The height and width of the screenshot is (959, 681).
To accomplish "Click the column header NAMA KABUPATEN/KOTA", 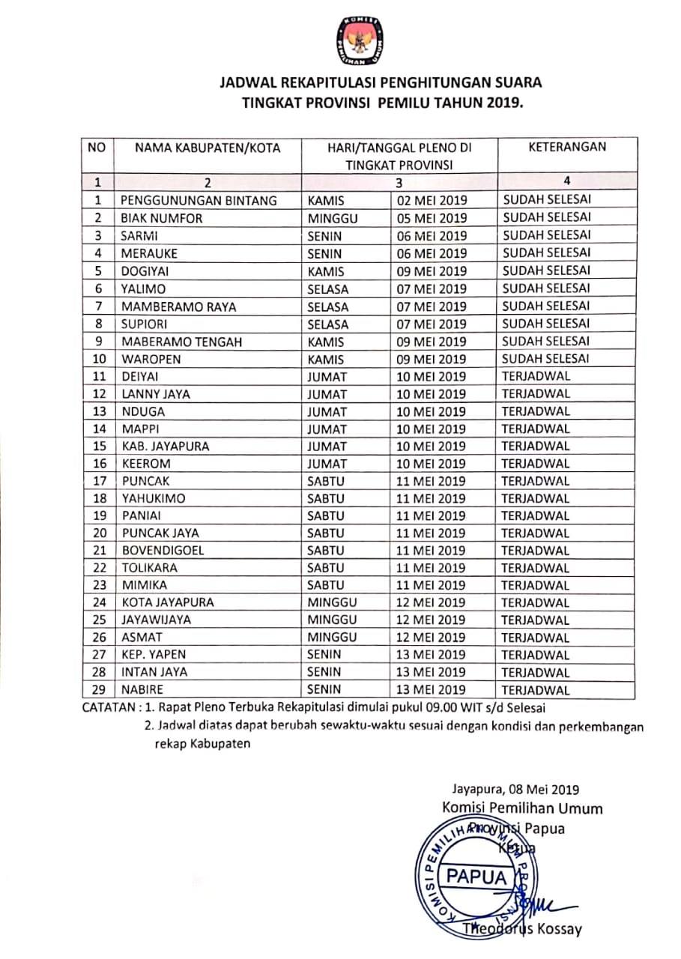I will [208, 148].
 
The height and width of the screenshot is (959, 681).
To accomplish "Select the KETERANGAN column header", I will [567, 147].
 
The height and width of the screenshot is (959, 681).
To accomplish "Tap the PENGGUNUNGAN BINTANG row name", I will [199, 200].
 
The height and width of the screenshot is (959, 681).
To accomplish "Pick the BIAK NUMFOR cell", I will [162, 218].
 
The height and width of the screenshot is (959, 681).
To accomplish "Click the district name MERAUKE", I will [150, 253].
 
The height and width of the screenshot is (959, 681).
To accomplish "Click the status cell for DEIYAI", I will [536, 376].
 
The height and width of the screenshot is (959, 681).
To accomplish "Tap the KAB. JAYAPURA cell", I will [166, 446].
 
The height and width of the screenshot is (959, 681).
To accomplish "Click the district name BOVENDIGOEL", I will [163, 550].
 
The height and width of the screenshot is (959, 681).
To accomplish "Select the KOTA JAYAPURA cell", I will [168, 602].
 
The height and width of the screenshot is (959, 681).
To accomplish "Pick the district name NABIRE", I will [142, 690].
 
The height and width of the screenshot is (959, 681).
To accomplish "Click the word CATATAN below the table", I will [109, 708].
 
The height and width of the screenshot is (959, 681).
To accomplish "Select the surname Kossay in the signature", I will [556, 929].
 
